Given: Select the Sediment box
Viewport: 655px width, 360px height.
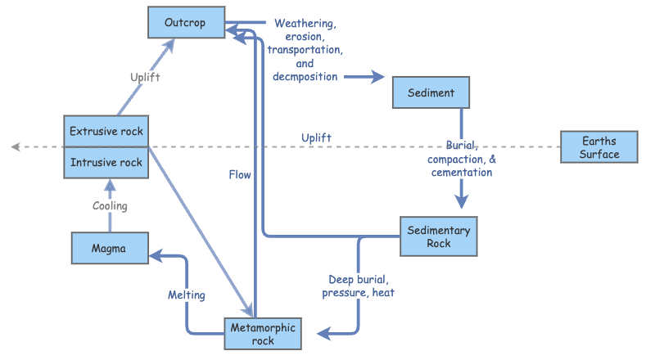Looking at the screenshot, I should pyautogui.click(x=431, y=92).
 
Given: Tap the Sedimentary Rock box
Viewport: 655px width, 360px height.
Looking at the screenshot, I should pyautogui.click(x=439, y=236).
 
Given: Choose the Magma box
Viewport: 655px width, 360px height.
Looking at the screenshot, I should pyautogui.click(x=109, y=249).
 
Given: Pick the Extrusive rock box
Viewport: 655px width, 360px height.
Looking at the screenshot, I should pyautogui.click(x=106, y=131).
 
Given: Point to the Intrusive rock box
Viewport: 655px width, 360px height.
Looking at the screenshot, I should pyautogui.click(x=106, y=162).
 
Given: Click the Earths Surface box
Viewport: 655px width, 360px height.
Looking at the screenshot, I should pyautogui.click(x=599, y=147).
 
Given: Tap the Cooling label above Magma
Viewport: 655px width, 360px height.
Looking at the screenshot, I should pyautogui.click(x=110, y=206).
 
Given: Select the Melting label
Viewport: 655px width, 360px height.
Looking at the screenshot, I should pyautogui.click(x=187, y=295).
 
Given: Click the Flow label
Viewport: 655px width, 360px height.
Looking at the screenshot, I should pyautogui.click(x=240, y=174).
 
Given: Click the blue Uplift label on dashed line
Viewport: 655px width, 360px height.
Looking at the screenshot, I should pyautogui.click(x=316, y=137).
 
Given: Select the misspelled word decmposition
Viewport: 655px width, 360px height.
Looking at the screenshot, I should pyautogui.click(x=305, y=77).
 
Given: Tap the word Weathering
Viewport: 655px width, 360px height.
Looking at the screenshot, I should pyautogui.click(x=305, y=24).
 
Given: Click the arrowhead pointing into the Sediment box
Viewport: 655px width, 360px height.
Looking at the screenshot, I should pyautogui.click(x=378, y=77).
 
